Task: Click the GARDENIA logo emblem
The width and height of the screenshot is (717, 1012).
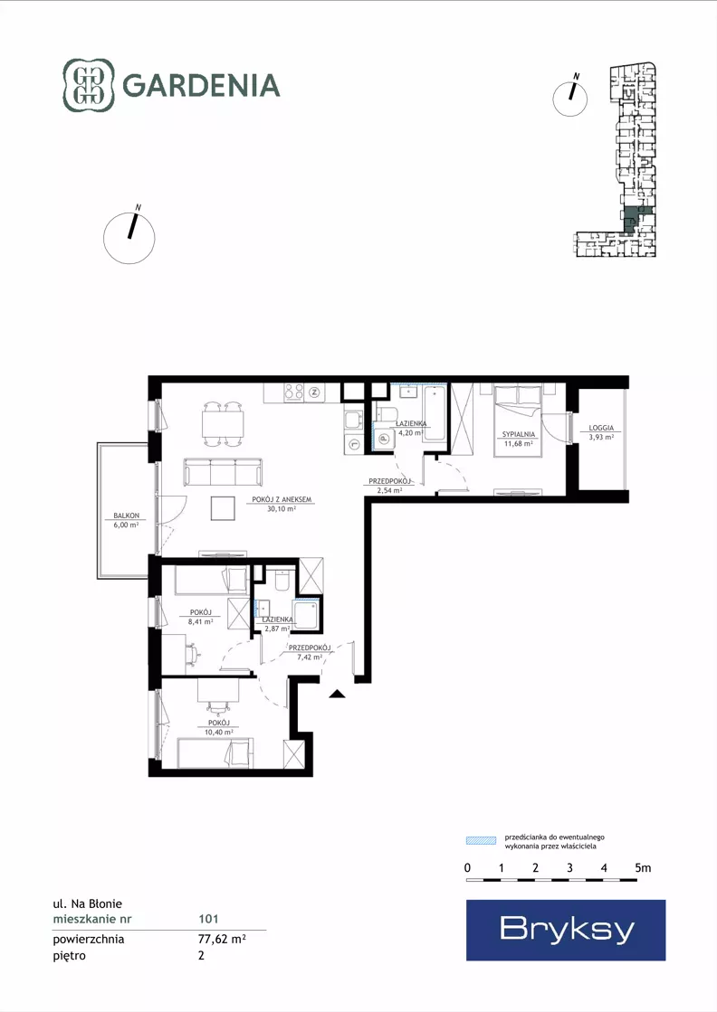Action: (x=88, y=85)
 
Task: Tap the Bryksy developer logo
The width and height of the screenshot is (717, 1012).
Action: (x=566, y=930)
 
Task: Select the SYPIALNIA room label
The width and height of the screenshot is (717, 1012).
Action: (x=519, y=434)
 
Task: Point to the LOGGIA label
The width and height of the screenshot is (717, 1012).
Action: (x=601, y=428)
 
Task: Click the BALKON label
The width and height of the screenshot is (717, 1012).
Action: (x=126, y=515)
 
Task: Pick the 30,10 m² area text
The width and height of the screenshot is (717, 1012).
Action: (x=282, y=508)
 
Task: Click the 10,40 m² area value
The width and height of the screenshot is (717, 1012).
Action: (x=219, y=732)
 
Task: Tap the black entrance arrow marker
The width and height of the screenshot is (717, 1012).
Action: (x=337, y=694)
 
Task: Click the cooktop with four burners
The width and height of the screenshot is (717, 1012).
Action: (x=294, y=392)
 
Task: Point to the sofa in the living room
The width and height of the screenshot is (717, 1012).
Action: (x=224, y=472)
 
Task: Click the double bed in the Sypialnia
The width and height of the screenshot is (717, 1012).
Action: (x=518, y=421)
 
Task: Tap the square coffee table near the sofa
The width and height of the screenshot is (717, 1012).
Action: (x=224, y=508)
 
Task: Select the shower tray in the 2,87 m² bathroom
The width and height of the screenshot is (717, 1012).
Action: (x=305, y=616)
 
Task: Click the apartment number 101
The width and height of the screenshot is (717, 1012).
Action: (x=208, y=919)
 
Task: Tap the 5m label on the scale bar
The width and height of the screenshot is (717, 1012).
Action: (x=643, y=868)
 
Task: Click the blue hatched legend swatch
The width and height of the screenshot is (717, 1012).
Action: (x=482, y=840)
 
